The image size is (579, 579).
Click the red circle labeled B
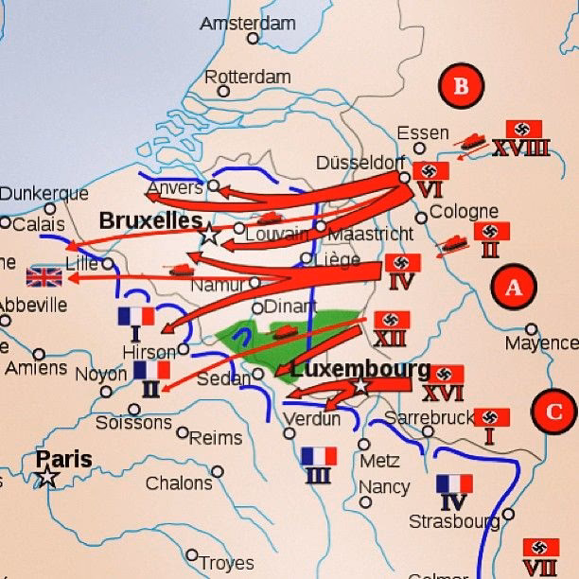pos(461,87)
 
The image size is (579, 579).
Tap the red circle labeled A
pos(513,287)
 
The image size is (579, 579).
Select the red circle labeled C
pos(553,412)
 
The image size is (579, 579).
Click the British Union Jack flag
pos(44,276)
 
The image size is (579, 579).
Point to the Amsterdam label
pos(247,23)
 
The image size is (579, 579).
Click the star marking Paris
pos(46,477)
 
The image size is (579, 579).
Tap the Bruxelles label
pos(150,220)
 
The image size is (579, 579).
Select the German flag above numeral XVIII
pos(524,129)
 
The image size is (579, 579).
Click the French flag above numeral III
pos(319,456)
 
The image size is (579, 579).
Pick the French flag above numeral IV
pos(454,483)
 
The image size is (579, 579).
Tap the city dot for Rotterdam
pos(223,92)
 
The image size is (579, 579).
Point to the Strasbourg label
pos(453,521)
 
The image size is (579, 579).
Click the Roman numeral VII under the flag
pos(539,568)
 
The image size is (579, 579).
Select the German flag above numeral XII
pos(391,320)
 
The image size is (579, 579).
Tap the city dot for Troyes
pos(192,555)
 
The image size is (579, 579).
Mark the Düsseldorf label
pos(360,161)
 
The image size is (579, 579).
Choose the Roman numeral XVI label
pos(443,394)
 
